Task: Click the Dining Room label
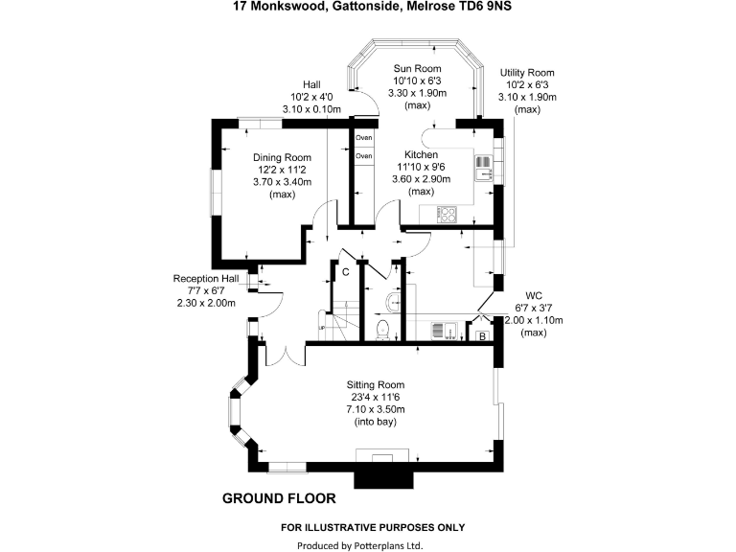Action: click(283, 157)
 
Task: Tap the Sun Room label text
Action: click(415, 69)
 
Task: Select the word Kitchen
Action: click(421, 154)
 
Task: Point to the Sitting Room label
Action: click(375, 386)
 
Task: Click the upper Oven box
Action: click(364, 137)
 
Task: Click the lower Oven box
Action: click(364, 155)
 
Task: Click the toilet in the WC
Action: click(384, 331)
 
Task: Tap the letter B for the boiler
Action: click(481, 335)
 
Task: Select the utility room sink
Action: click(443, 332)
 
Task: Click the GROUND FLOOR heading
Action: click(279, 498)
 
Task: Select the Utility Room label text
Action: click(527, 73)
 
